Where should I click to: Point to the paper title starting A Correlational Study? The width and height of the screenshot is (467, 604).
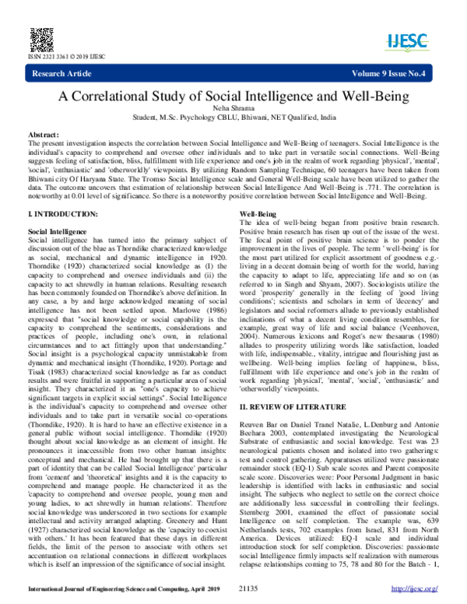tap(233, 97)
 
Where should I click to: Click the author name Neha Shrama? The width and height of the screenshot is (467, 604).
tap(233, 111)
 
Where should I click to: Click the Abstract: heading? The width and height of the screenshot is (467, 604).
tap(44, 135)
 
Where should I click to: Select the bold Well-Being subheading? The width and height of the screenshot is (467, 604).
tap(255, 213)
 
